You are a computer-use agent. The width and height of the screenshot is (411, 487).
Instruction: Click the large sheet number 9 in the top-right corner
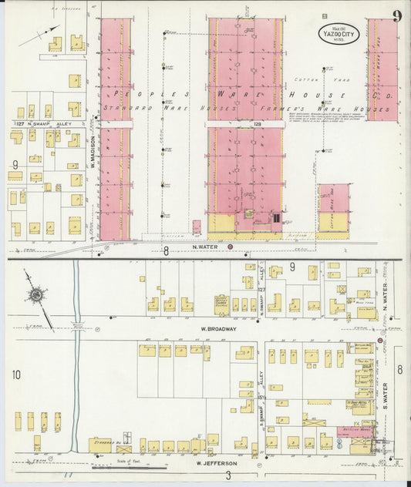tap(396, 17)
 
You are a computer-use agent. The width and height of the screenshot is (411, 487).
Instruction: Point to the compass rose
tap(36, 294)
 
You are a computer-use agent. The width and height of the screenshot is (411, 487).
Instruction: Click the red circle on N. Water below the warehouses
tap(230, 247)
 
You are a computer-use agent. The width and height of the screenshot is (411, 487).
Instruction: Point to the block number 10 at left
tap(15, 374)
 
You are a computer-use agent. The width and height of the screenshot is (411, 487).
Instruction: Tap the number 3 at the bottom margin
tap(228, 477)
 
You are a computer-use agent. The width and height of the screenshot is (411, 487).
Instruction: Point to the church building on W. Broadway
tap(222, 303)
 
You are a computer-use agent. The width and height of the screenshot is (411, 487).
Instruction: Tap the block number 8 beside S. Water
tap(399, 370)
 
